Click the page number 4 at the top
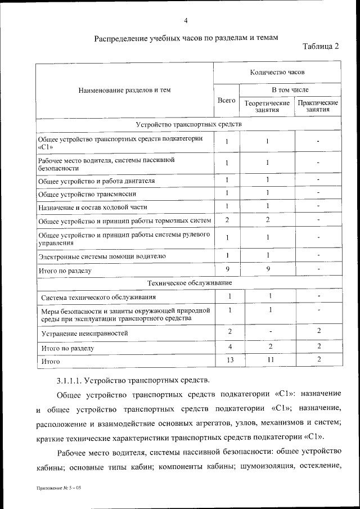(x=185, y=21)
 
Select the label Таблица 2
(x=321, y=46)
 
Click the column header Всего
(x=226, y=100)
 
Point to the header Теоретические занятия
(x=267, y=106)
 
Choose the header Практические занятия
(x=318, y=106)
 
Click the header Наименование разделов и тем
(x=124, y=89)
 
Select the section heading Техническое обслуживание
(x=189, y=282)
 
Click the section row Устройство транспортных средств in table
(x=189, y=124)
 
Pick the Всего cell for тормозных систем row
(x=227, y=220)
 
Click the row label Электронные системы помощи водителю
(x=102, y=257)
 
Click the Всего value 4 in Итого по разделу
(x=229, y=347)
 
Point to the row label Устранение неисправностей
(x=84, y=334)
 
